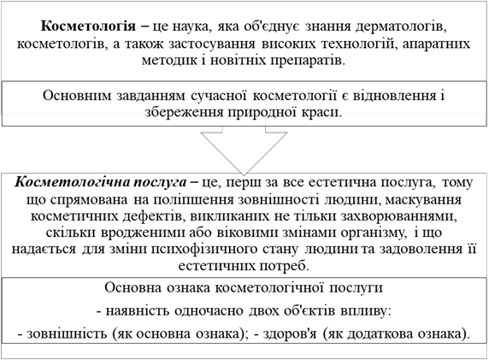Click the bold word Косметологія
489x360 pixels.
[x=88, y=27]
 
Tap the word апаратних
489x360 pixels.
[x=436, y=44]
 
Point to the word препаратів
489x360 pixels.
[x=308, y=60]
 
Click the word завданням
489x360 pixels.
[x=150, y=96]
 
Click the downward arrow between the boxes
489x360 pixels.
[x=244, y=150]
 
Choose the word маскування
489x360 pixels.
[x=423, y=199]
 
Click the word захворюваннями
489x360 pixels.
[x=398, y=216]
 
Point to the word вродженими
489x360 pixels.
[x=138, y=233]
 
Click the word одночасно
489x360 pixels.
[x=209, y=311]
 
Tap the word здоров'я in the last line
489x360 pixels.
[x=290, y=333]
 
